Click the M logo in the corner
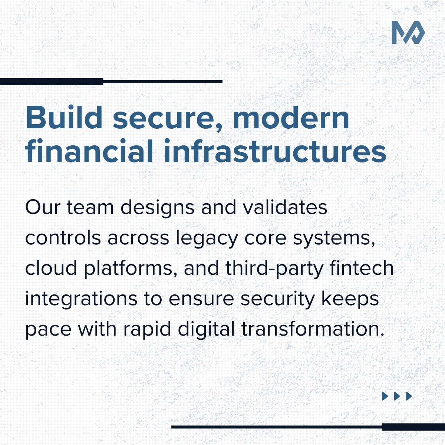(408, 33)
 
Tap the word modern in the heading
(291, 118)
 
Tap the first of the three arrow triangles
(385, 396)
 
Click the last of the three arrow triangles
(409, 396)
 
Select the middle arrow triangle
(397, 396)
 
